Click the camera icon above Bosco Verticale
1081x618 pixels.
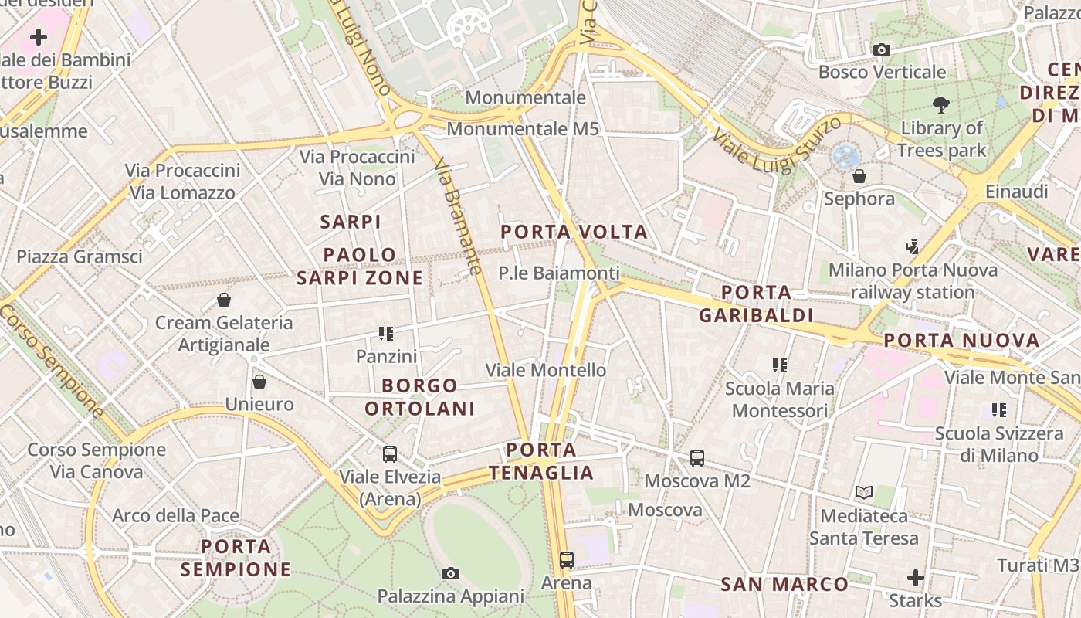tap(881, 50)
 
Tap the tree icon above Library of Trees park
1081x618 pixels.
tap(941, 104)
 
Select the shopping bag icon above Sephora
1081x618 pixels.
tap(859, 177)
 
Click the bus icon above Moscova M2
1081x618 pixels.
tap(697, 458)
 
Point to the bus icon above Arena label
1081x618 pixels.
tap(567, 560)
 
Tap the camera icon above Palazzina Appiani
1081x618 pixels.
tap(451, 573)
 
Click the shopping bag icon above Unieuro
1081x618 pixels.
tap(259, 382)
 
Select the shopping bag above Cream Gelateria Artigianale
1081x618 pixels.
tap(224, 300)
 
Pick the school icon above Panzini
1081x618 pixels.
tap(386, 334)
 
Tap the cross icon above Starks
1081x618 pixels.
tap(915, 577)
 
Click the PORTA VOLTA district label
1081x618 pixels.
tap(574, 232)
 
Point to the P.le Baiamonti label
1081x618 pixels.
tap(559, 273)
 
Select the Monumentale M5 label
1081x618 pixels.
tap(523, 129)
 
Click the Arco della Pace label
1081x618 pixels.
tap(175, 515)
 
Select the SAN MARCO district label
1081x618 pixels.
tap(784, 584)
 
